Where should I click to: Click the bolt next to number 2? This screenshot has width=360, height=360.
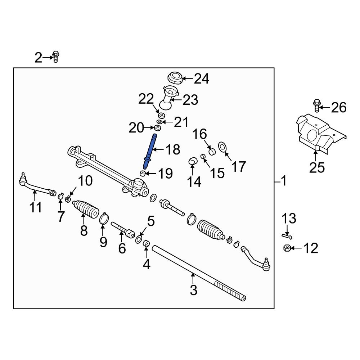pyautogui.click(x=55, y=57)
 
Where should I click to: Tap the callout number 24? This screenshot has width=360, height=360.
pyautogui.click(x=202, y=78)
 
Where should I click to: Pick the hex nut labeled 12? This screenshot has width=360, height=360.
pyautogui.click(x=287, y=248)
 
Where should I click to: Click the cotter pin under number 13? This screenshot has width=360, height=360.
pyautogui.click(x=287, y=236)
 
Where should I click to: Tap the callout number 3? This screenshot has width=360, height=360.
pyautogui.click(x=194, y=290)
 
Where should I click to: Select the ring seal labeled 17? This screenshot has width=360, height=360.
pyautogui.click(x=223, y=147)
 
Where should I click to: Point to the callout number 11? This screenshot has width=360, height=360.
pyautogui.click(x=36, y=207)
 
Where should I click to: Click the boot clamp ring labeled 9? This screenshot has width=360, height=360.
pyautogui.click(x=104, y=219)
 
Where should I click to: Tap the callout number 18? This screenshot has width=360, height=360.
pyautogui.click(x=173, y=149)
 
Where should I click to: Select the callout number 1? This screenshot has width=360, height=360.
pyautogui.click(x=284, y=181)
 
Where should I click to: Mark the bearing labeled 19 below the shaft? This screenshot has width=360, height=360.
pyautogui.click(x=143, y=174)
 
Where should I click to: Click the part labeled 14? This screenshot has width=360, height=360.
pyautogui.click(x=192, y=161)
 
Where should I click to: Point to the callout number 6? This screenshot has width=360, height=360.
pyautogui.click(x=122, y=248)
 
